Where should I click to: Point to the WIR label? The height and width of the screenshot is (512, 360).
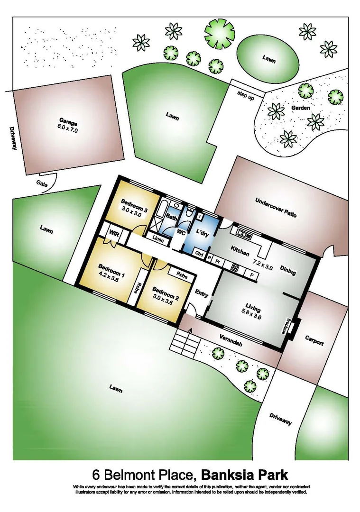pyautogui.click(x=114, y=234)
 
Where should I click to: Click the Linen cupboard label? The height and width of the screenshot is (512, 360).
pyautogui.click(x=158, y=240)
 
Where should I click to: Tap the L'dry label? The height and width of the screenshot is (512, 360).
pyautogui.click(x=203, y=234)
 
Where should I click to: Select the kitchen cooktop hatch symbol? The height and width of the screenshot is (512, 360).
pyautogui.click(x=234, y=267)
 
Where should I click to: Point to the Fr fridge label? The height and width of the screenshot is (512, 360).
pyautogui.click(x=217, y=260)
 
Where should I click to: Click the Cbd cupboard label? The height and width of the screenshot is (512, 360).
pyautogui.click(x=200, y=254)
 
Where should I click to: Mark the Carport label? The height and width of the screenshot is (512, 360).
pyautogui.click(x=314, y=341)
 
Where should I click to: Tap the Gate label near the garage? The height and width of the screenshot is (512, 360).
pyautogui.click(x=41, y=183)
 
